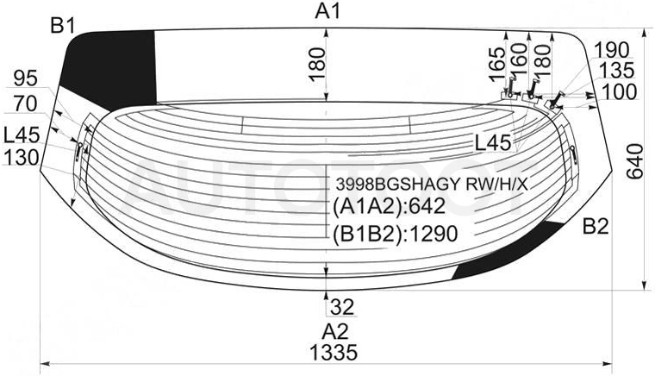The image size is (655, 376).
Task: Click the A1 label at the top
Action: [x=327, y=11]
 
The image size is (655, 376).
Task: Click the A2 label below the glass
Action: [x=335, y=332]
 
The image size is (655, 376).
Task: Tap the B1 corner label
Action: [x=62, y=27]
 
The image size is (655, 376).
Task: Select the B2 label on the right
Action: [x=596, y=227]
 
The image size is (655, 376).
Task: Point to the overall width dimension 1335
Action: [x=334, y=352]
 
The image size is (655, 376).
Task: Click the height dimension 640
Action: [x=635, y=161]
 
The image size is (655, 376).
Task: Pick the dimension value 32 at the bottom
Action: [x=342, y=308]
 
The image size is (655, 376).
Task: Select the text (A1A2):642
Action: [x=389, y=206]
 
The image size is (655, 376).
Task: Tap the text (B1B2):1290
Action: [x=396, y=234]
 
